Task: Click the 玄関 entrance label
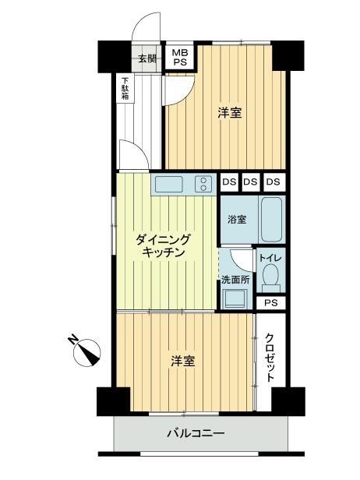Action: tap(147, 58)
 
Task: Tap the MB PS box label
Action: tap(179, 58)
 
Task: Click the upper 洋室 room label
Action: tap(229, 113)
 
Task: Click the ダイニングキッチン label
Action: tap(164, 245)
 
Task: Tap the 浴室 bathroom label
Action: tap(237, 219)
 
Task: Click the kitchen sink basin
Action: tap(168, 185)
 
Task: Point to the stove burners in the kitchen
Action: tap(203, 185)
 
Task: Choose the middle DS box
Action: tap(250, 182)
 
